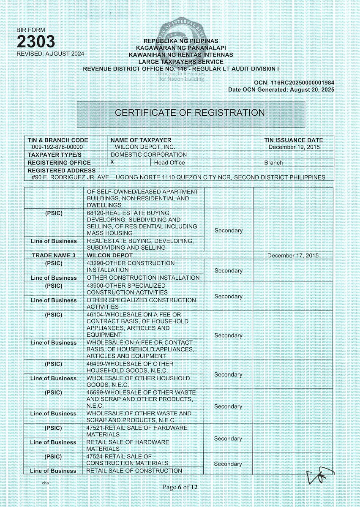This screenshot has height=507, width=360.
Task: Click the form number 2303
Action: (x=36, y=42)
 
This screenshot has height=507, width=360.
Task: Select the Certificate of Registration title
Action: (x=190, y=113)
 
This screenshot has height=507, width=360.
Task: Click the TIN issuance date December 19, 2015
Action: (x=294, y=147)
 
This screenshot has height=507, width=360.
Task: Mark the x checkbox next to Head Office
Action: (x=112, y=162)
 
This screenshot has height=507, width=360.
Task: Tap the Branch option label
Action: (x=274, y=163)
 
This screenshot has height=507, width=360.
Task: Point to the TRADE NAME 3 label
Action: (x=54, y=256)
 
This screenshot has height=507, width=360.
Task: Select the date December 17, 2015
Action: (x=293, y=256)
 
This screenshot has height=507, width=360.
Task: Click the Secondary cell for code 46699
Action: (x=228, y=406)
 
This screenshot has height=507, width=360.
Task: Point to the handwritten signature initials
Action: (x=318, y=476)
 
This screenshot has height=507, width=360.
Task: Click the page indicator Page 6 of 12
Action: (x=180, y=487)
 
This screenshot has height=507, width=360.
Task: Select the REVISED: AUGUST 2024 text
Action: (x=50, y=54)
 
